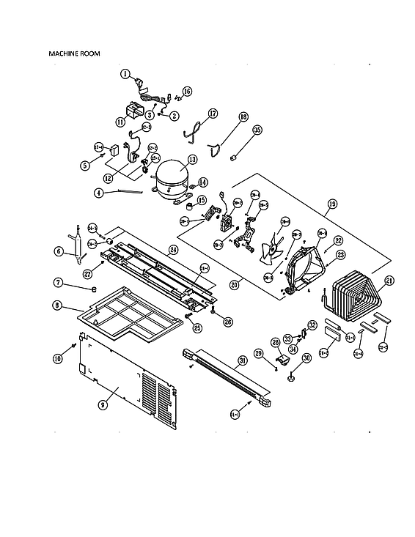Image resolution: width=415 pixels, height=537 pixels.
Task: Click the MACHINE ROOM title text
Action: (x=74, y=53)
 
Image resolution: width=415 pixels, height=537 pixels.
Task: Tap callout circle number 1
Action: (x=125, y=73)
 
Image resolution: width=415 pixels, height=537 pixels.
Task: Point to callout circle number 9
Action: (x=103, y=404)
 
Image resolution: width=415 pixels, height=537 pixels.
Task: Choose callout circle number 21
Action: (x=389, y=280)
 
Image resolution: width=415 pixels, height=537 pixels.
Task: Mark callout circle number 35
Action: (x=257, y=130)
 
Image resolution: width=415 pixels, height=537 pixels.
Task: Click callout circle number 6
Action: (x=59, y=251)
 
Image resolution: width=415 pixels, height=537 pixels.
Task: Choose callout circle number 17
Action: (x=213, y=114)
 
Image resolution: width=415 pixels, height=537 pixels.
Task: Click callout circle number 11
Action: (x=120, y=122)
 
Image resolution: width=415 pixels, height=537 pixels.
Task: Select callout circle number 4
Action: (x=99, y=193)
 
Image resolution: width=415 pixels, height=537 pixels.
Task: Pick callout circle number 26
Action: (x=228, y=320)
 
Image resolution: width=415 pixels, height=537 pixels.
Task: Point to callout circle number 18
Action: (x=243, y=116)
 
